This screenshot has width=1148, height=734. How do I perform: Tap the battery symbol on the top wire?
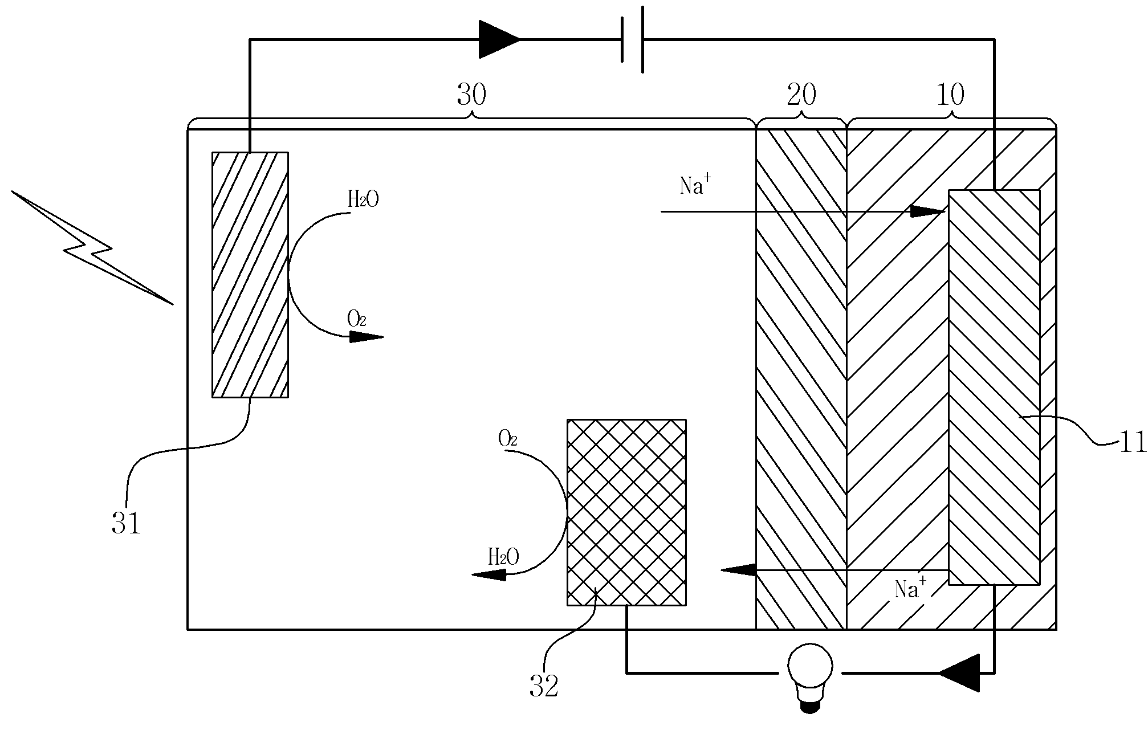(632, 40)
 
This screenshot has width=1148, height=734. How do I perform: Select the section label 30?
(471, 95)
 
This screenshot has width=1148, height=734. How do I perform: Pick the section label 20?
(801, 95)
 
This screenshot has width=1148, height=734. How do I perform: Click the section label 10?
(950, 95)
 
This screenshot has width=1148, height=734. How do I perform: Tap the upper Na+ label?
(695, 185)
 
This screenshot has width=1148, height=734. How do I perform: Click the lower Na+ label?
(910, 588)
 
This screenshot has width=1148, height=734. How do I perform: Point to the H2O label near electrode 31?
(363, 199)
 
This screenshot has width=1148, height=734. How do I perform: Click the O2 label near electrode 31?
(356, 319)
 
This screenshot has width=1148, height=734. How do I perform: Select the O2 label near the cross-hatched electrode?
(507, 438)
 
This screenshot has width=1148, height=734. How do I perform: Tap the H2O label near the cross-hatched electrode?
(503, 557)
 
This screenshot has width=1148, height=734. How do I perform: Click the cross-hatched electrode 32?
(626, 512)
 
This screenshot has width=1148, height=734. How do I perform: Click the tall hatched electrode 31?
(250, 274)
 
